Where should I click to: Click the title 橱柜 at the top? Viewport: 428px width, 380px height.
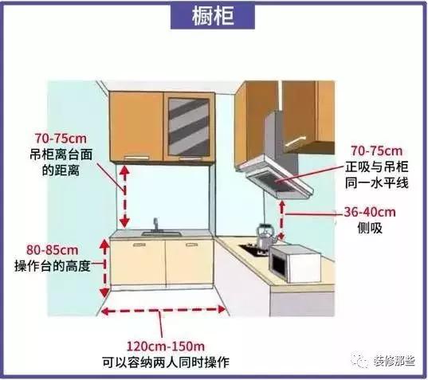click(x=213, y=16)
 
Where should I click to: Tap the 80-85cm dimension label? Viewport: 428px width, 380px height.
click(x=52, y=250)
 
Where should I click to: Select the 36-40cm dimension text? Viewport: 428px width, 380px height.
click(x=370, y=212)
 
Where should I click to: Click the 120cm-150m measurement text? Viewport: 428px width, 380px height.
click(x=166, y=347)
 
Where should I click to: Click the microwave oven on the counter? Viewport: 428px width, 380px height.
click(x=295, y=264)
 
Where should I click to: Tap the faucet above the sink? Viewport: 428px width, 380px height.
click(x=155, y=225)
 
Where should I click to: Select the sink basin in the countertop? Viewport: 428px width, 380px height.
click(x=161, y=233)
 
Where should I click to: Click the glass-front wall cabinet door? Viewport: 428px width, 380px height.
click(x=189, y=127)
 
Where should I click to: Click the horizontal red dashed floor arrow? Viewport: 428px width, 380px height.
click(x=163, y=310)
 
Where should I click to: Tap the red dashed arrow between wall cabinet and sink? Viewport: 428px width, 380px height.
click(x=125, y=197)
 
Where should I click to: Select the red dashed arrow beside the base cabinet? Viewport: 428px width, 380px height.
click(x=104, y=268)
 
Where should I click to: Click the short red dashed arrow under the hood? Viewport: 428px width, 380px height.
click(x=282, y=220)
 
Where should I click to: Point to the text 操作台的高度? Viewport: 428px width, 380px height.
click(x=52, y=266)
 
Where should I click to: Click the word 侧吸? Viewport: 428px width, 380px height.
click(x=370, y=228)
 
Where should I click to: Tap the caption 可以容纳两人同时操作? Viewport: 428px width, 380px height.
click(x=166, y=362)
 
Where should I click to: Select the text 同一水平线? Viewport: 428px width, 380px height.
click(x=376, y=182)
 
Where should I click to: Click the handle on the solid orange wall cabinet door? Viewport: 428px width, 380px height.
click(x=136, y=158)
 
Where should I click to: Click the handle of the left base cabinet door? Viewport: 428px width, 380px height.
click(x=139, y=245)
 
